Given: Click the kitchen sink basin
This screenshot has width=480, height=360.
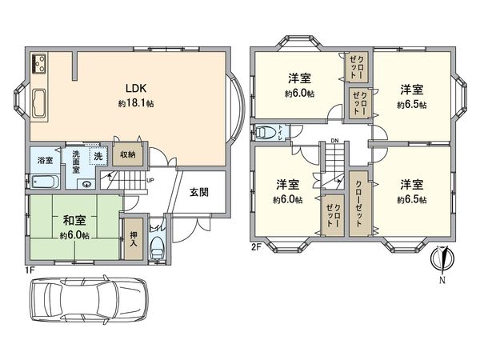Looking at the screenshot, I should point(38,100).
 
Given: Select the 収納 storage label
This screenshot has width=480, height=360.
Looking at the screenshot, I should point(126,154).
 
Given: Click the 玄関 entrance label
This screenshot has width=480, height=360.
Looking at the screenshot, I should point(200,192).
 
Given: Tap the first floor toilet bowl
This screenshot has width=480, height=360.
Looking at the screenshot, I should point(158,251).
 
